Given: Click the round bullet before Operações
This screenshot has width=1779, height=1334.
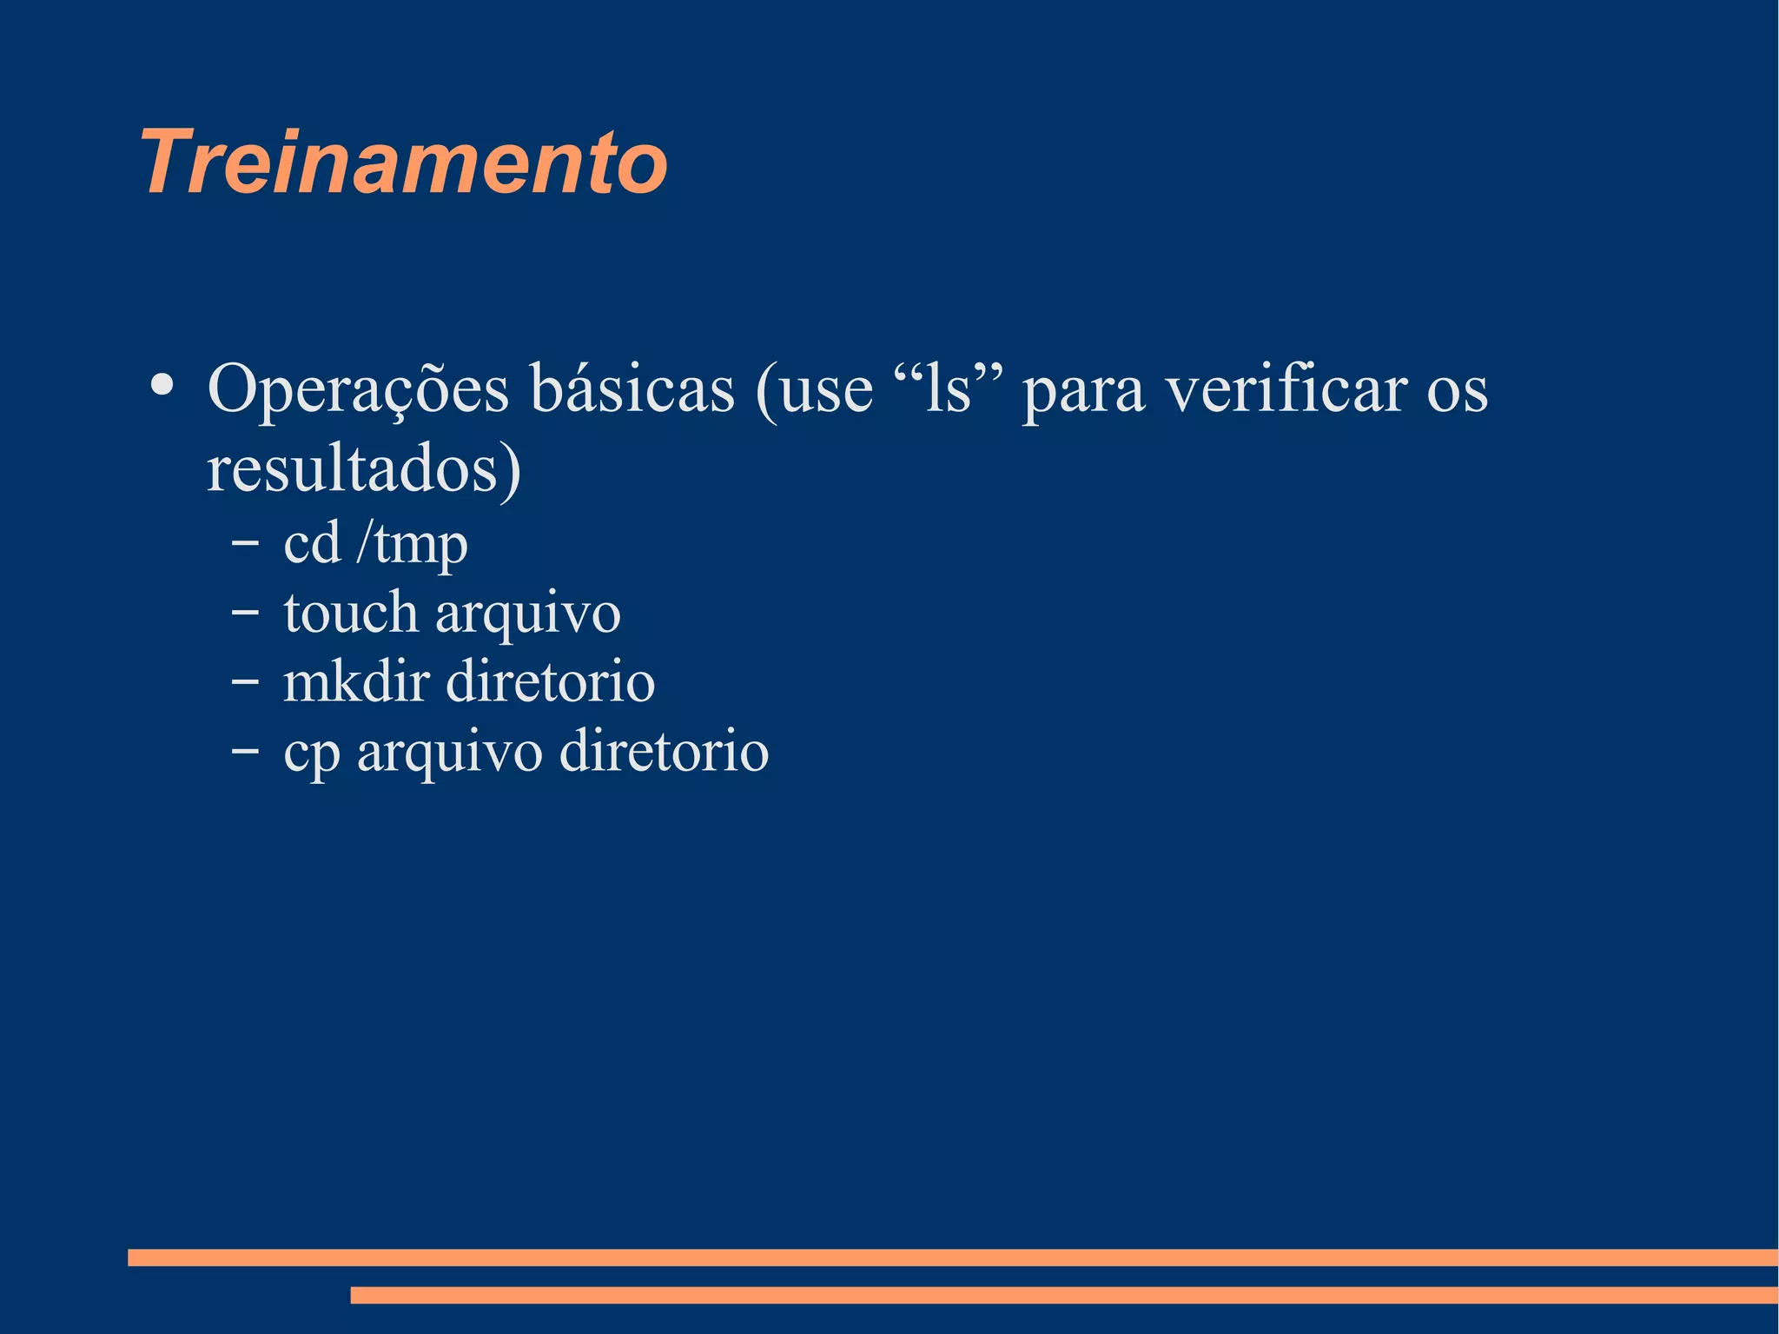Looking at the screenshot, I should (x=161, y=385).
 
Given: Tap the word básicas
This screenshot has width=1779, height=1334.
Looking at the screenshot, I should (x=632, y=388).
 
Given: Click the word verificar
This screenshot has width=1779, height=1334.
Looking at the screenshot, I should (x=1286, y=388).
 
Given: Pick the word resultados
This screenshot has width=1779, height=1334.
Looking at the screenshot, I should (x=363, y=469).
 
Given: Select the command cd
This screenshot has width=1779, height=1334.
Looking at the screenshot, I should (x=312, y=544).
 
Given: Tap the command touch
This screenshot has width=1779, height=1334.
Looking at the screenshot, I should (x=351, y=612).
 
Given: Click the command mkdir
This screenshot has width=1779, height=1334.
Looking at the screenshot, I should (x=357, y=681).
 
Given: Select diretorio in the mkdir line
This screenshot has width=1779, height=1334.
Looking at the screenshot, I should (x=551, y=681).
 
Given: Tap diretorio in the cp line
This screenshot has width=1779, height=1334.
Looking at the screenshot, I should (x=664, y=751).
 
